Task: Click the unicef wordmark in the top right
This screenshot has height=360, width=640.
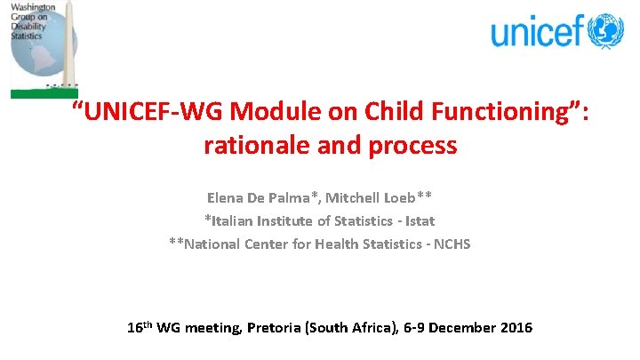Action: coord(539,32)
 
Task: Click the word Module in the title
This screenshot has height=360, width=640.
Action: coord(268,114)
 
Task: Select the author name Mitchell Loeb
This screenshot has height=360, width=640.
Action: coord(384,196)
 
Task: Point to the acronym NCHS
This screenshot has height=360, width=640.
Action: coord(450,243)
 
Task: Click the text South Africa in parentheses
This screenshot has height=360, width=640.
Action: coord(348,327)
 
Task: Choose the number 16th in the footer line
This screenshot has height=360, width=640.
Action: coord(142,327)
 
